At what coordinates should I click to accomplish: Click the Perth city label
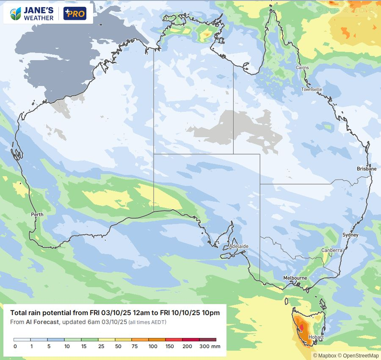tap(37, 215)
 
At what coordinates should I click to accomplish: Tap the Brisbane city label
tap(366, 169)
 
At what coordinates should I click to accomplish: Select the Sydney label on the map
tap(350, 235)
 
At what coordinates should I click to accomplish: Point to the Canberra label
tap(331, 250)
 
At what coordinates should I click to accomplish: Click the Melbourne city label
tap(295, 278)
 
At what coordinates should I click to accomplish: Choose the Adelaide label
tap(239, 246)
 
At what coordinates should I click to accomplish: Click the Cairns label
tap(302, 68)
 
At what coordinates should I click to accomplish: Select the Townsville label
tap(312, 89)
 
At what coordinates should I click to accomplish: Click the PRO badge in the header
tap(75, 14)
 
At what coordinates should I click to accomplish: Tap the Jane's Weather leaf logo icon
tap(15, 14)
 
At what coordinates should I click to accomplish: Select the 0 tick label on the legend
tap(15, 346)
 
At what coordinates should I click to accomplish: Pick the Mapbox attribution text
tap(323, 356)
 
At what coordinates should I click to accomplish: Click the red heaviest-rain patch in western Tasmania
tap(301, 327)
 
